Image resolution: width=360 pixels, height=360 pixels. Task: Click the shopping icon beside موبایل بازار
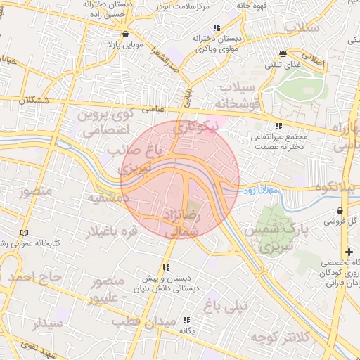coord(125,33)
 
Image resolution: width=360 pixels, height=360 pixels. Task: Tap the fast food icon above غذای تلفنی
coord(283,53)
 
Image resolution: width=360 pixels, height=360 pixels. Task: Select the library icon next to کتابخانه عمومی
coord(25,233)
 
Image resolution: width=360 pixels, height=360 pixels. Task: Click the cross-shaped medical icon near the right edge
coord(349,252)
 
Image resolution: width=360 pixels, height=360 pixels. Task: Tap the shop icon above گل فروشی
coord(341,210)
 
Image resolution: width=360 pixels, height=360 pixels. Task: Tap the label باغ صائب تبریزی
coord(133,160)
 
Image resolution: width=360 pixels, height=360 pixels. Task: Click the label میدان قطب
coord(148,321)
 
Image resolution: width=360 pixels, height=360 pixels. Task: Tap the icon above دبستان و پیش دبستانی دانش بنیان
coord(167,267)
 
